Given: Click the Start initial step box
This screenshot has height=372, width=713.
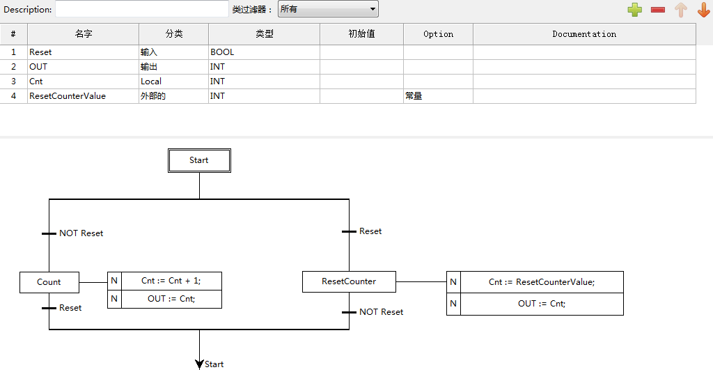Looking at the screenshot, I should click(x=199, y=160).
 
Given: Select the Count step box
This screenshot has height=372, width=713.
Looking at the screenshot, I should click(x=49, y=282).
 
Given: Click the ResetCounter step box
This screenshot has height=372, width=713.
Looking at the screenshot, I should click(x=349, y=282).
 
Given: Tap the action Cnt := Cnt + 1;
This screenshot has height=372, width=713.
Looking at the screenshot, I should click(x=171, y=281).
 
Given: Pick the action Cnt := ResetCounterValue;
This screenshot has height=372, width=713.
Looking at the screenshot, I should click(x=542, y=282).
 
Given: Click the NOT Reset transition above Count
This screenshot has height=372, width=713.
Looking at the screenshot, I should click(x=49, y=233).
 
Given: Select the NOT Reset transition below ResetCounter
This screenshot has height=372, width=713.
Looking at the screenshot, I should click(x=350, y=312).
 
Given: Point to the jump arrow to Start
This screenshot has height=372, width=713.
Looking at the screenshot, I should click(x=200, y=364).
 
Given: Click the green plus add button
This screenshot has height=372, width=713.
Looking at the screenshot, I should click(x=634, y=10).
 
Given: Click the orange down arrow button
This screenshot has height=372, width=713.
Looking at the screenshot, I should click(x=703, y=10).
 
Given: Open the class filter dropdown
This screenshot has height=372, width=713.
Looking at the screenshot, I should click(x=328, y=9).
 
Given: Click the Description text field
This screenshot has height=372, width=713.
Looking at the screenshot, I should click(x=142, y=9).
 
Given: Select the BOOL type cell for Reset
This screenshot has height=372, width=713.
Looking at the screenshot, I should click(x=264, y=52).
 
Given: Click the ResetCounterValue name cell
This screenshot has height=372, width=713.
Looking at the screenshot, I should click(x=83, y=96).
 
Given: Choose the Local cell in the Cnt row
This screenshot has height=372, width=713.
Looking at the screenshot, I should click(x=173, y=82).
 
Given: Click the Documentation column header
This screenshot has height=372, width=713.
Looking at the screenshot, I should click(x=584, y=34).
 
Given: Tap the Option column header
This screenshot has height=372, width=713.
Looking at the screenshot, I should click(x=438, y=34).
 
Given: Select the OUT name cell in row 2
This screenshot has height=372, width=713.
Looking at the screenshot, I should click(x=83, y=67).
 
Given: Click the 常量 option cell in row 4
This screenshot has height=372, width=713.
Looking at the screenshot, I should click(x=438, y=96).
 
